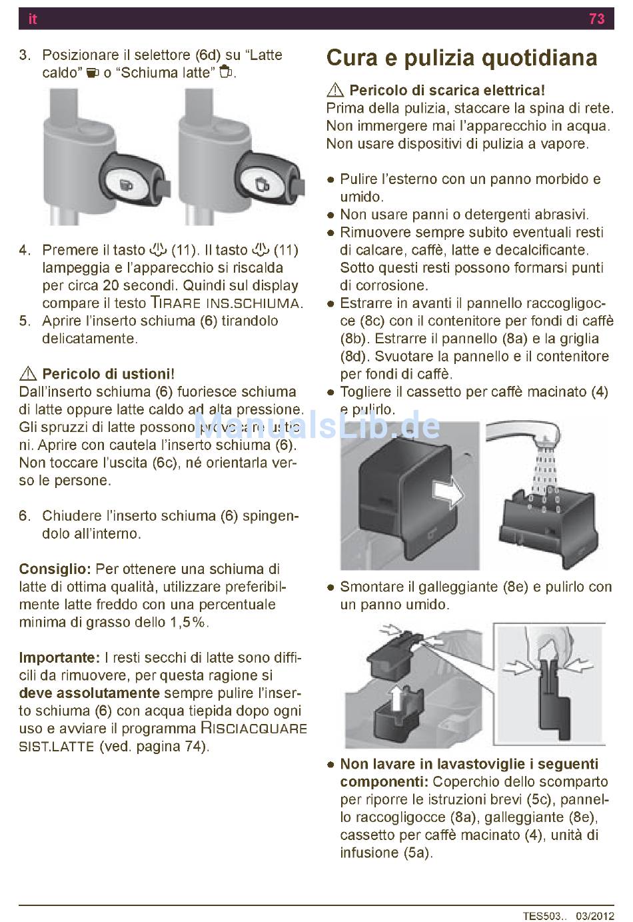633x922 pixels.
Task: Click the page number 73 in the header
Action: tap(596, 19)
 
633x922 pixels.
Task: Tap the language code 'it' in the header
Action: tap(33, 19)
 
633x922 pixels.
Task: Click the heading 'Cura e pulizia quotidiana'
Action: tap(462, 58)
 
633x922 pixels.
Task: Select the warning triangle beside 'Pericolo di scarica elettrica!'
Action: tap(336, 90)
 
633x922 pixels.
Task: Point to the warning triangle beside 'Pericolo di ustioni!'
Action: tap(28, 373)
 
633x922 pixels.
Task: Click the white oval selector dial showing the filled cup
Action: tap(125, 185)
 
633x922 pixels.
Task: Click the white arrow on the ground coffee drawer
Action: tap(448, 492)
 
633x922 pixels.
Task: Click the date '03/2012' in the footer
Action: tap(595, 916)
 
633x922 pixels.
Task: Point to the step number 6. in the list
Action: tap(25, 516)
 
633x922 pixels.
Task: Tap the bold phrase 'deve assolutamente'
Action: tap(89, 693)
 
